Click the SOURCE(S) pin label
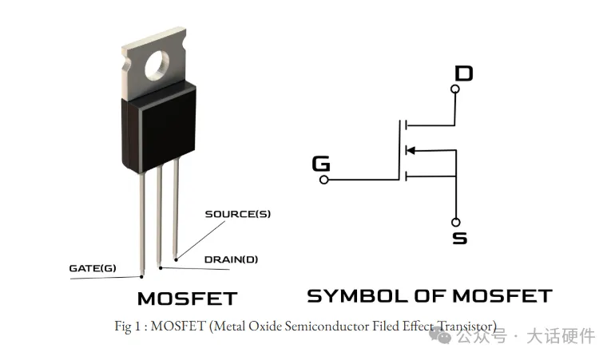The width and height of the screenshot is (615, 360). click(237, 214)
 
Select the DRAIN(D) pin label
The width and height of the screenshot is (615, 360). click(231, 259)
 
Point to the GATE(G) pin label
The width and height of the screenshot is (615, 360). click(93, 267)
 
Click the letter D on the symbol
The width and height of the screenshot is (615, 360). click(463, 74)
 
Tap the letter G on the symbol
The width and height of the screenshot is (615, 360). click(321, 164)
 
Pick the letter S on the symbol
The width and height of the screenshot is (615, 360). click(459, 238)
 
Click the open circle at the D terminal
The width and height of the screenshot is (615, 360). click(455, 90)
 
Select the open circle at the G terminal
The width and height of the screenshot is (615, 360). click(324, 180)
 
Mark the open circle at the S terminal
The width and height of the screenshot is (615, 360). click(455, 222)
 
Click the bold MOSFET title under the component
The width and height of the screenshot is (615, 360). click(188, 299)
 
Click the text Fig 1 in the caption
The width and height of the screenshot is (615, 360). click(125, 326)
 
